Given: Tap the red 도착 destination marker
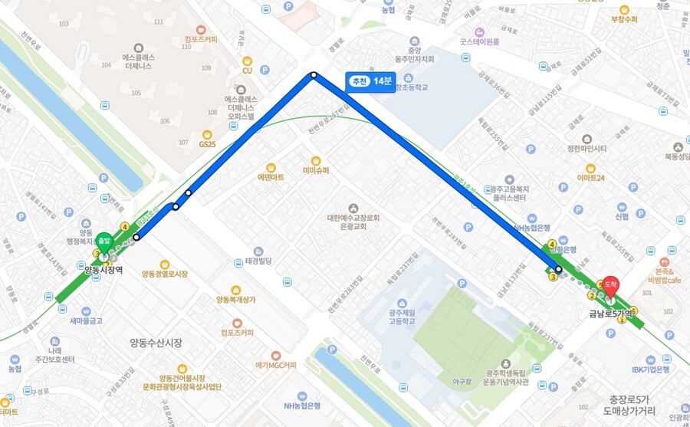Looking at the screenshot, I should pos(610,284).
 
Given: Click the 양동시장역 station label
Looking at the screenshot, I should pos(104,270).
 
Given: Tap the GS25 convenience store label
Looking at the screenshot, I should pos(208,144).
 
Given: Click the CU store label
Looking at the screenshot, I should pos(247,71).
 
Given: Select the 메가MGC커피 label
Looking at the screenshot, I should pos(274,365).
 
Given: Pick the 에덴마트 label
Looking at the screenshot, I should pos(271,177).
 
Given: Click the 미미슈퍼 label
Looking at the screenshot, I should pos(315,170).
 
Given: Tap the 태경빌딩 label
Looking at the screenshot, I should pos(259,261).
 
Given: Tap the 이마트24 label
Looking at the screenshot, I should pos(591,179).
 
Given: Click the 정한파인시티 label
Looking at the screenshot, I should pos(586,148).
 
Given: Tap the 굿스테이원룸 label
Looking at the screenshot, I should pos(479,42).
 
